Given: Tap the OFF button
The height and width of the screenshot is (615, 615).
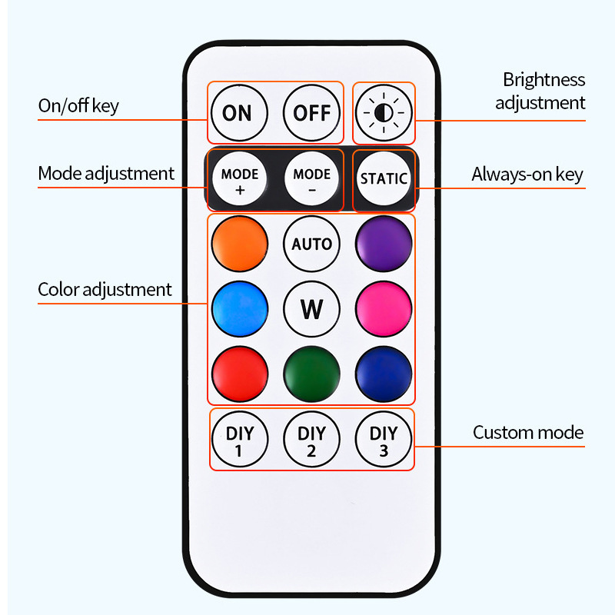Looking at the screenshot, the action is pyautogui.click(x=311, y=113).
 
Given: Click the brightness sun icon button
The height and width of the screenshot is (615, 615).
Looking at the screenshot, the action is pyautogui.click(x=384, y=113).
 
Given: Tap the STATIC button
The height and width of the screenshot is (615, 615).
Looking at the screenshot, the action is pyautogui.click(x=384, y=178).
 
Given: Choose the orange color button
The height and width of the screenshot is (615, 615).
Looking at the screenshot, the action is pyautogui.click(x=239, y=244).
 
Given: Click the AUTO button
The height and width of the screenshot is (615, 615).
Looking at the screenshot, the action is pyautogui.click(x=311, y=244).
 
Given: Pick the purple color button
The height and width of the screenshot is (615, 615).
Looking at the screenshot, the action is pyautogui.click(x=384, y=244).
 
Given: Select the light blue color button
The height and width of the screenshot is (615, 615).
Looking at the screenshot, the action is pyautogui.click(x=239, y=308).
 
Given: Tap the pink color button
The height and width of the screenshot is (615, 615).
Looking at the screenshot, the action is pyautogui.click(x=384, y=308).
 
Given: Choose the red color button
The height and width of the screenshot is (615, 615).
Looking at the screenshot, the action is pyautogui.click(x=239, y=373).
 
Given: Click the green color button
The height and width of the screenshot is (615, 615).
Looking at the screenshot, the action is pyautogui.click(x=311, y=373).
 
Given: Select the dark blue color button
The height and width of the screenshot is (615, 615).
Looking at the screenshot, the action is pyautogui.click(x=384, y=373).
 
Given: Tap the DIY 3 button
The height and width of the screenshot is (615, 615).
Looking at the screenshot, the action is pyautogui.click(x=384, y=440).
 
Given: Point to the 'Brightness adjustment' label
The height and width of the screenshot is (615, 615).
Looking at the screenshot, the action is pyautogui.click(x=540, y=91).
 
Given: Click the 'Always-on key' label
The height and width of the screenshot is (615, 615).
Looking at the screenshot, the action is pyautogui.click(x=527, y=175).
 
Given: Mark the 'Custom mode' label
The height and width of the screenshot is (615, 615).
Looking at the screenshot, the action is pyautogui.click(x=528, y=432).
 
